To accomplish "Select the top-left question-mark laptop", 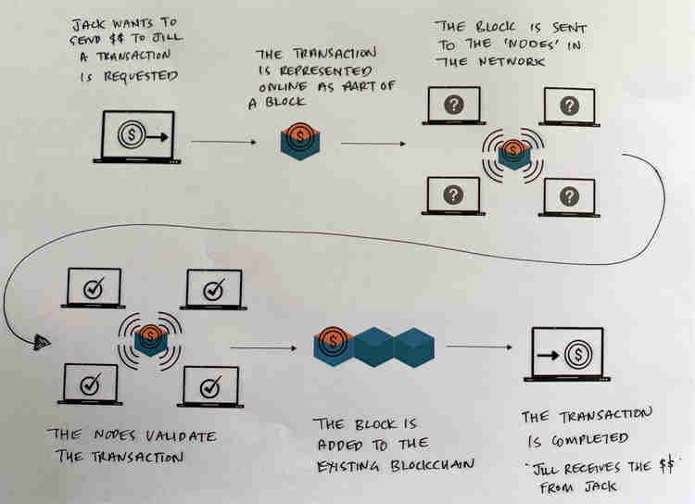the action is [x=452, y=106].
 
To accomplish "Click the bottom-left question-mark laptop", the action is [x=452, y=195].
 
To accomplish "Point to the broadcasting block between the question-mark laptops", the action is [x=512, y=154].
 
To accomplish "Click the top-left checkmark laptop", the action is [x=94, y=288].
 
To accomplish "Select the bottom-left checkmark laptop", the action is [x=91, y=383].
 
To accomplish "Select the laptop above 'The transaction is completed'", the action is [x=566, y=353].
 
